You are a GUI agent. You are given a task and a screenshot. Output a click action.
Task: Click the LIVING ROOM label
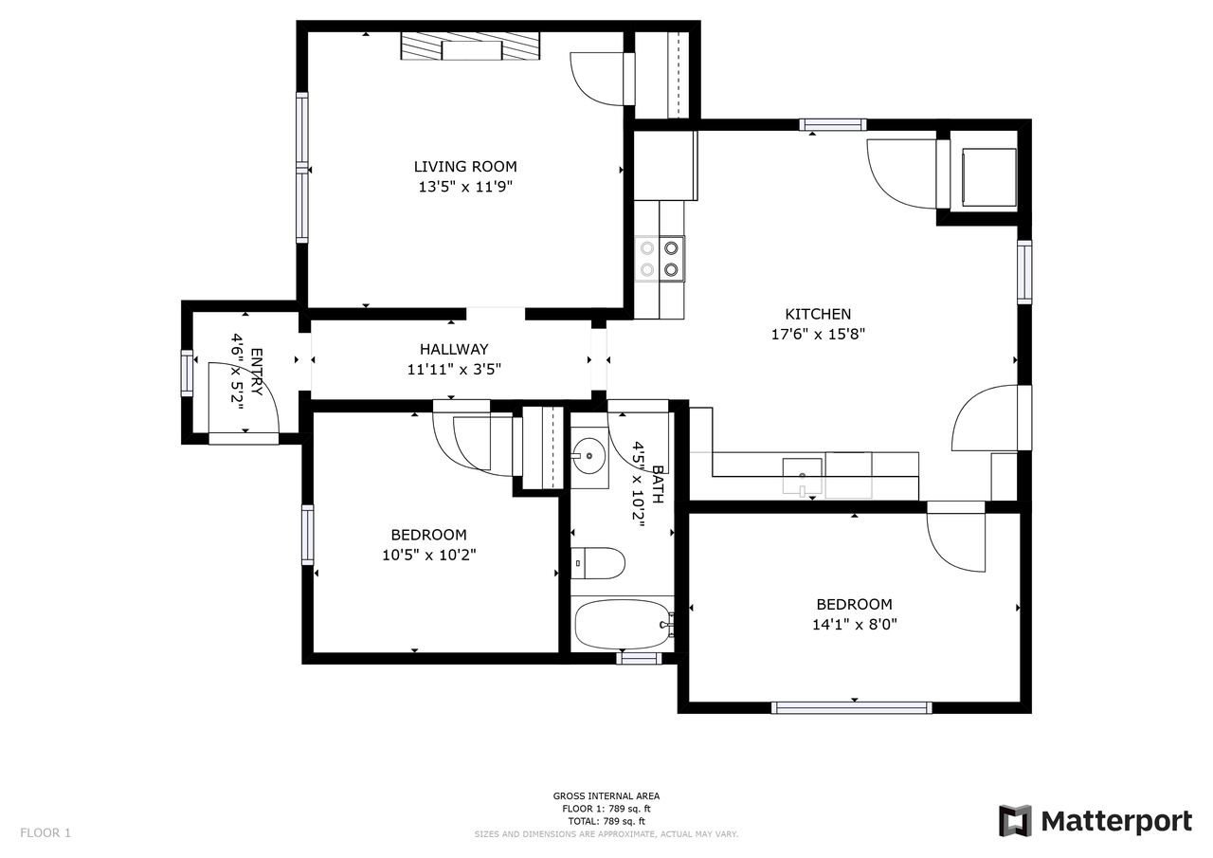click(465, 166)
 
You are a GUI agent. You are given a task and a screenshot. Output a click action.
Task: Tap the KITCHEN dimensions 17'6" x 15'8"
click(818, 335)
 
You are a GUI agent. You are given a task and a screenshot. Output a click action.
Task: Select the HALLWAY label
click(454, 350)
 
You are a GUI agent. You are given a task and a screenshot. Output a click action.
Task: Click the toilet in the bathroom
click(598, 563)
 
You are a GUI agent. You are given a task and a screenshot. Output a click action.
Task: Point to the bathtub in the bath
click(623, 625)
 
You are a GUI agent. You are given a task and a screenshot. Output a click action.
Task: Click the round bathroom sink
click(589, 450)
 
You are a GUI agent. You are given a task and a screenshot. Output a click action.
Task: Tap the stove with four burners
click(659, 259)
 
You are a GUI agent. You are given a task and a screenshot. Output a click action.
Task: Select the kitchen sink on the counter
click(802, 477)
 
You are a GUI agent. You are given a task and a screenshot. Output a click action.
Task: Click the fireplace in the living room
click(470, 46)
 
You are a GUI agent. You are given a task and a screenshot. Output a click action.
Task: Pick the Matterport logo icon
click(1015, 821)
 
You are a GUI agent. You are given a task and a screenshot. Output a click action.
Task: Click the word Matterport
click(1116, 821)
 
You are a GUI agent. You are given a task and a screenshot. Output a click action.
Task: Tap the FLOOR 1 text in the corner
click(45, 833)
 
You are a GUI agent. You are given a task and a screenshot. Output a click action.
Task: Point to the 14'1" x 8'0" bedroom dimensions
click(854, 625)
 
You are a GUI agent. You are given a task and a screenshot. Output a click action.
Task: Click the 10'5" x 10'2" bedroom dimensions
click(429, 556)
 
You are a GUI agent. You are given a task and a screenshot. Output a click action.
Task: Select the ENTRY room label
click(257, 372)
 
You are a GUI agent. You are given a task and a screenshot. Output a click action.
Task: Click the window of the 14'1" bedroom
click(852, 707)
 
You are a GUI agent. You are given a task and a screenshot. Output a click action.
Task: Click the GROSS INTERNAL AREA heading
click(606, 795)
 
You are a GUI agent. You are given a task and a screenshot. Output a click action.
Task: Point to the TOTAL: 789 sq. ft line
click(606, 821)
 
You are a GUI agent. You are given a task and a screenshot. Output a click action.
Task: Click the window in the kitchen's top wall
click(833, 124)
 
